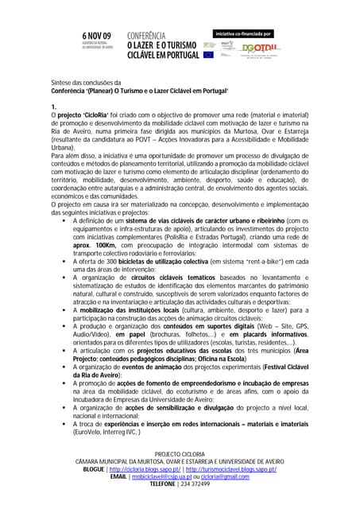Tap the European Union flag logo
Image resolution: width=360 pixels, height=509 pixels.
pos(208,53)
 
